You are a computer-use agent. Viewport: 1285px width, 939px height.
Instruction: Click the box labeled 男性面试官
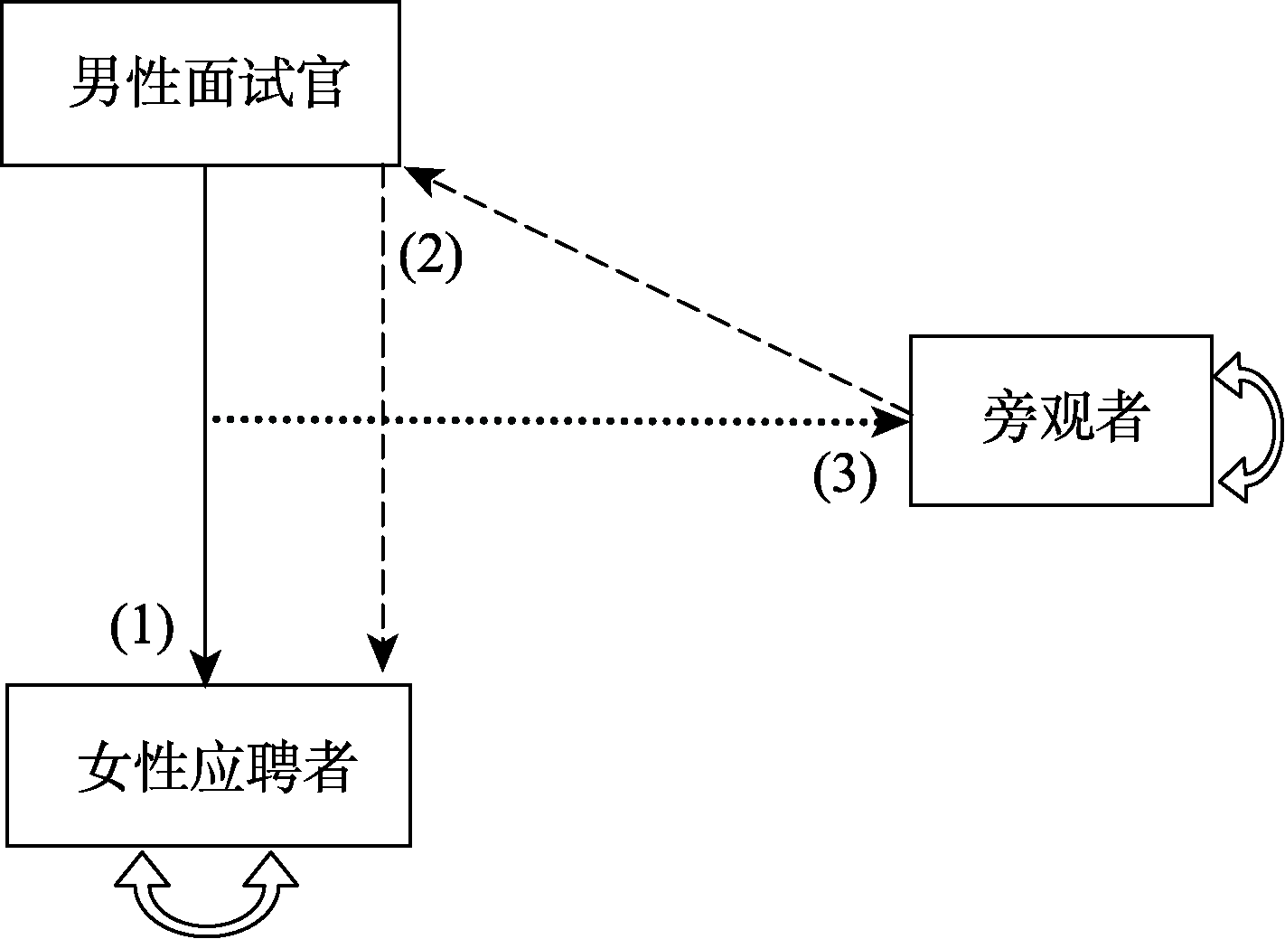200,83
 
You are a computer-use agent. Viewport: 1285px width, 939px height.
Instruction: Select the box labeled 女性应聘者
209,765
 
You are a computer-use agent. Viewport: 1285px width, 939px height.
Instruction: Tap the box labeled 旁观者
1060,420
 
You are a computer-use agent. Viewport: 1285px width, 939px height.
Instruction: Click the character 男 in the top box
96,84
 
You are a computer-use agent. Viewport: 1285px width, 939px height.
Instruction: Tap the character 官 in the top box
320,84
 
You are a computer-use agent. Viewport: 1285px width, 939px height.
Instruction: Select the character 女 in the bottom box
105,767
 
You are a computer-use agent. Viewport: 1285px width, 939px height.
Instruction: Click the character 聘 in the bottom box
270,767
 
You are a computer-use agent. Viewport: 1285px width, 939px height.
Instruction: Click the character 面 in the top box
208,84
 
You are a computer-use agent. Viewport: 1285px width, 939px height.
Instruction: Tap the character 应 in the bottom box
215,767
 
